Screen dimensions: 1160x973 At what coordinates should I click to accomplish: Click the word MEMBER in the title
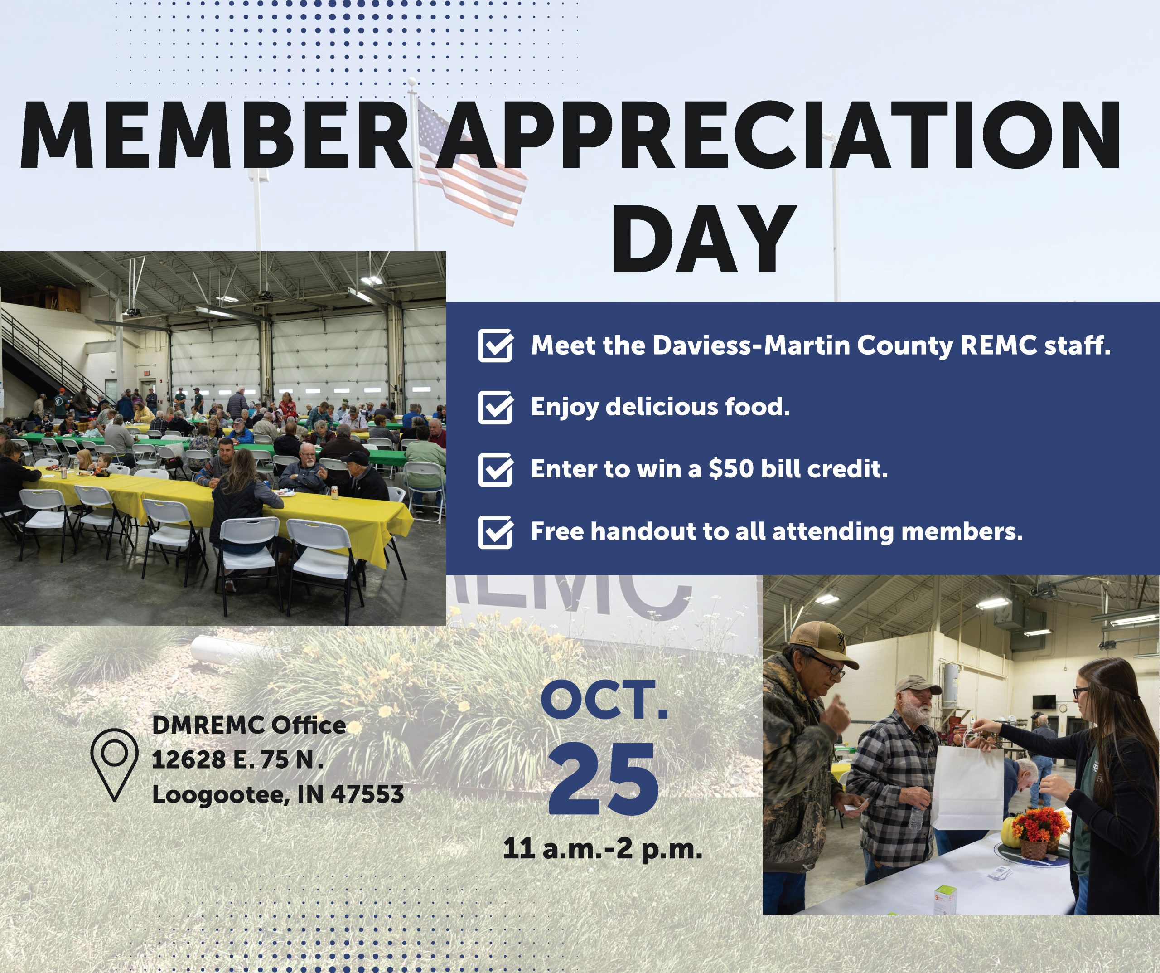click(215, 135)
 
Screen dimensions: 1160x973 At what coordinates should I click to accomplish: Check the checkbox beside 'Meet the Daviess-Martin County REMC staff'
click(495, 345)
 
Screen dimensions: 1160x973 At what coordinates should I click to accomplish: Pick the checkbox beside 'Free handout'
click(495, 531)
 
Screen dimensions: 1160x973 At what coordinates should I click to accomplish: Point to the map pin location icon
click(114, 764)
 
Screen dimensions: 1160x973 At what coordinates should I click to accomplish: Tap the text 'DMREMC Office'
click(249, 725)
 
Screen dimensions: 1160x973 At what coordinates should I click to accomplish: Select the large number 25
click(603, 779)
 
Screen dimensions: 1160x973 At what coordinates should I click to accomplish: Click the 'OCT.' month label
click(604, 701)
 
